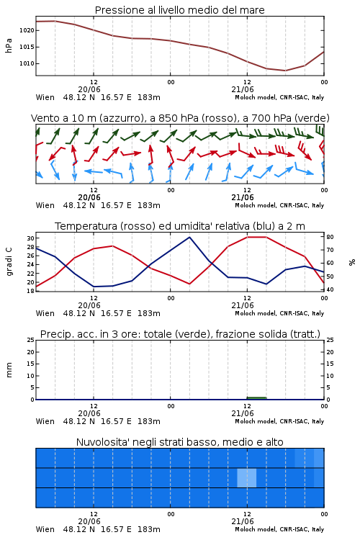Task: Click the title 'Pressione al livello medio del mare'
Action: click(179, 10)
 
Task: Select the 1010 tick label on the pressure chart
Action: click(27, 63)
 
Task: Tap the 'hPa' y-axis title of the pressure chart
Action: click(9, 45)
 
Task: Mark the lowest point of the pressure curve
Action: click(285, 71)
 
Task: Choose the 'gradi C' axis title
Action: click(9, 262)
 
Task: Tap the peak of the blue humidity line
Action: click(189, 237)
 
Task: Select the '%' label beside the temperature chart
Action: click(352, 262)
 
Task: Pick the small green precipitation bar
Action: click(256, 398)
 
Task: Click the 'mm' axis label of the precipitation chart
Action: click(9, 370)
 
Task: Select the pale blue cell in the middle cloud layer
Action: click(247, 477)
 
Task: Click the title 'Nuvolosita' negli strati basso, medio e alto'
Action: click(179, 442)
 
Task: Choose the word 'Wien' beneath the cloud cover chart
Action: click(45, 529)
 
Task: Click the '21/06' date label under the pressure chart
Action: click(243, 89)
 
